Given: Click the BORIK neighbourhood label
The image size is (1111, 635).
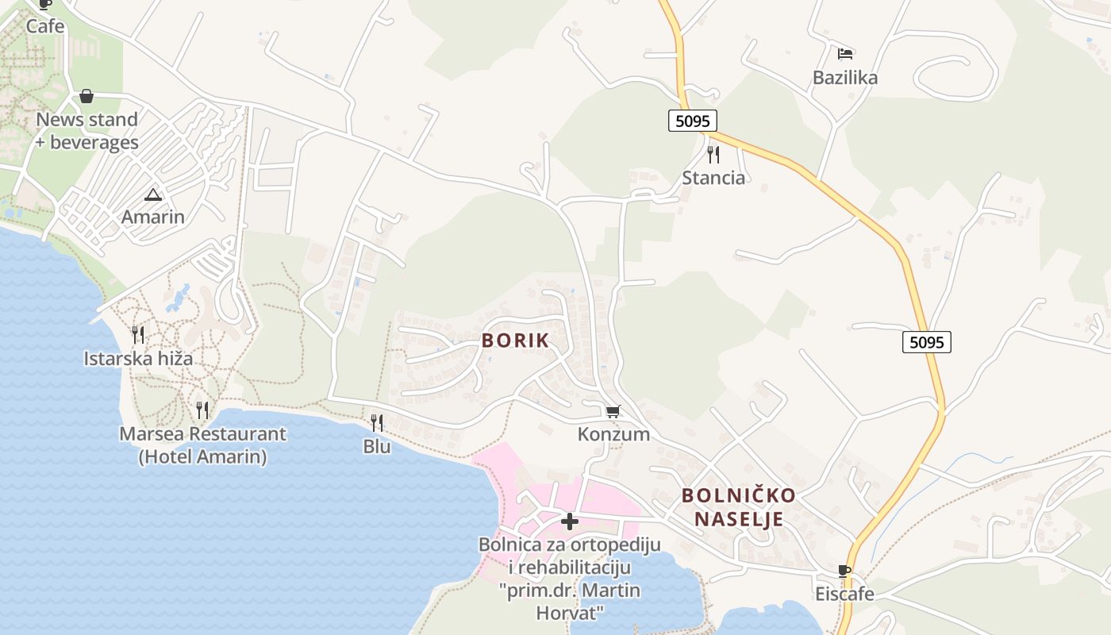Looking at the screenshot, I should click(x=515, y=341).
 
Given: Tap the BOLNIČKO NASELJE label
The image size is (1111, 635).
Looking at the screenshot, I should click(x=739, y=507).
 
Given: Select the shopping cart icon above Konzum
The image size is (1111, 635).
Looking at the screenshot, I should click(x=613, y=411).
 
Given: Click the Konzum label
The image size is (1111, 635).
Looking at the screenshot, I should click(x=613, y=434).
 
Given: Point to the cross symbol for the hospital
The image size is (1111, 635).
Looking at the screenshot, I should click(x=569, y=521).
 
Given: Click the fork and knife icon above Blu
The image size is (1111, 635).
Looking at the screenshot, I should click(x=377, y=423).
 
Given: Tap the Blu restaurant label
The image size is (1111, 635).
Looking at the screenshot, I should click(x=377, y=446).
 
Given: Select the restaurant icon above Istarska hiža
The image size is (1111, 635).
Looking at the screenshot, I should click(x=138, y=335).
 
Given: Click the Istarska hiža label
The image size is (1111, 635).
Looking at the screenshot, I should click(x=138, y=358).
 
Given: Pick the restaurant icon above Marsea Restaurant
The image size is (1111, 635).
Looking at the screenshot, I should click(x=202, y=410).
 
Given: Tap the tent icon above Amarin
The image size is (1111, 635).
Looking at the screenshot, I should click(x=152, y=194).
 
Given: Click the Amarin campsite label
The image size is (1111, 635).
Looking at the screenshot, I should click(x=152, y=217).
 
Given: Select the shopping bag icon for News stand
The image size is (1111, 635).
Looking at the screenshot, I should click(x=86, y=96).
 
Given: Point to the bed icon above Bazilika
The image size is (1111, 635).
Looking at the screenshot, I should click(x=845, y=54).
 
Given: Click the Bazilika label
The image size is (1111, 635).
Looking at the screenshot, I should click(x=845, y=78).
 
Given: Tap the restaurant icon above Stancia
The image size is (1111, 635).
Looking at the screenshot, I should click(x=713, y=154).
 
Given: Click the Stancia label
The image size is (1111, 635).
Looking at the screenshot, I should click(x=713, y=178).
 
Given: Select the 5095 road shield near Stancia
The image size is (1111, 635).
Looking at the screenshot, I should click(x=692, y=121).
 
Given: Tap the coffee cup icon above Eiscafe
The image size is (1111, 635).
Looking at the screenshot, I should click(x=844, y=571).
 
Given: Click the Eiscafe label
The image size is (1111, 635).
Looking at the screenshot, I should click(x=844, y=594).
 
